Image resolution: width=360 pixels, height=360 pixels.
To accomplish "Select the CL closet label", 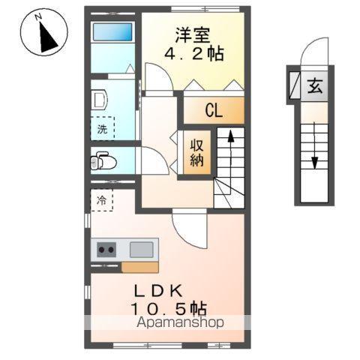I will (214, 111).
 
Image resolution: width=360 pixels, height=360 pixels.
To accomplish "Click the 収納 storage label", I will (197, 153).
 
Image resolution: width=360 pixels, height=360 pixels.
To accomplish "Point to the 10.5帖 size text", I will (169, 308).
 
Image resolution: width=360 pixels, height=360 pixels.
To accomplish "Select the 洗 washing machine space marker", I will (103, 128).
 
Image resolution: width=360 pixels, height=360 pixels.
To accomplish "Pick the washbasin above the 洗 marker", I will (100, 99).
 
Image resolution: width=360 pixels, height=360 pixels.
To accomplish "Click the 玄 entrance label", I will (312, 85).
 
